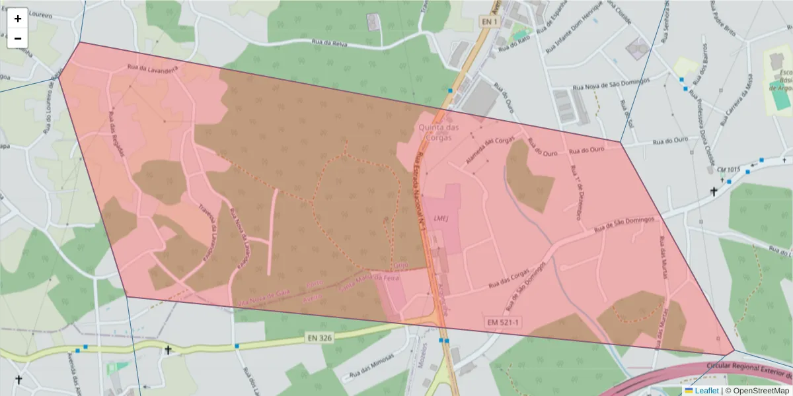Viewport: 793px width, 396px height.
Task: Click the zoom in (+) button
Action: pyautogui.click(x=18, y=18)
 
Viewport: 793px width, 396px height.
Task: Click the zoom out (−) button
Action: pyautogui.click(x=18, y=38)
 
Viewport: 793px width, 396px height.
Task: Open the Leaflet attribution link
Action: pyautogui.click(x=706, y=391)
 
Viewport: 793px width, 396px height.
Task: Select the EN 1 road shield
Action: pyautogui.click(x=488, y=22)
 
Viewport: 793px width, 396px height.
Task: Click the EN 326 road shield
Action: pyautogui.click(x=319, y=337)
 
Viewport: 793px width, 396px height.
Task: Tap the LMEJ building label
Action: pyautogui.click(x=441, y=217)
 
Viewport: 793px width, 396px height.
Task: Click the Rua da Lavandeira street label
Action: pyautogui.click(x=153, y=69)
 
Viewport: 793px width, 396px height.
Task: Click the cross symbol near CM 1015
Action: pyautogui.click(x=714, y=192)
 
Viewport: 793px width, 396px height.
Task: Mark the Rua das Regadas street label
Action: pyautogui.click(x=117, y=136)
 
